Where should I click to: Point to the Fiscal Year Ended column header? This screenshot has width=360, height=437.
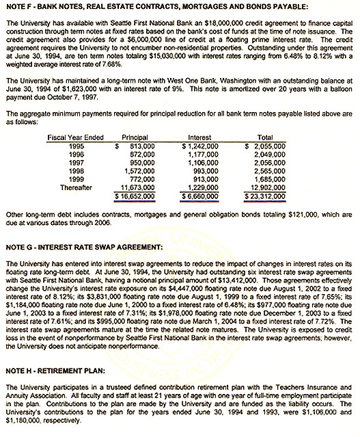[76, 137]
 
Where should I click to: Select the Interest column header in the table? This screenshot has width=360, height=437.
[199, 137]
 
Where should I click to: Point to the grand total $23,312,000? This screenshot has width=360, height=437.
[266, 196]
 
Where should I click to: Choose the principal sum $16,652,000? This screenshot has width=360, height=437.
[133, 196]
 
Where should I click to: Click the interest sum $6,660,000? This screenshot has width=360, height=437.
[200, 196]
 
